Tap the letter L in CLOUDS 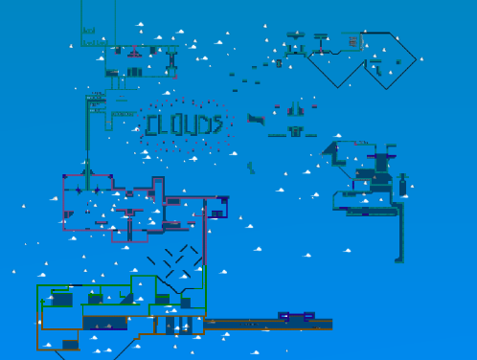point(166,124)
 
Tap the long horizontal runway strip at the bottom point(268,325)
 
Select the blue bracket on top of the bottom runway point(297,315)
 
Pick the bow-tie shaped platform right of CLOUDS point(257,119)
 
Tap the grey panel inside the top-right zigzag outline point(353,41)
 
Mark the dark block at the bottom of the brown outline point(70,344)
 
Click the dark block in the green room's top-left point(61,300)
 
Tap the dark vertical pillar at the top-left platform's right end point(172,63)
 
